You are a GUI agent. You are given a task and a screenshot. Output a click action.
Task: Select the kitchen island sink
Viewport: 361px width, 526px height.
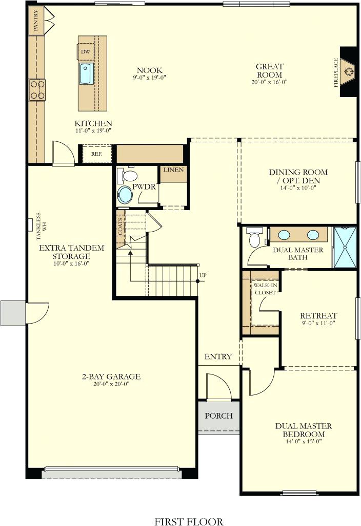click(x=86, y=73)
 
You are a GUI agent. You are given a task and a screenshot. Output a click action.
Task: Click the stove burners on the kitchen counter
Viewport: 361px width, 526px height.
click(x=37, y=89)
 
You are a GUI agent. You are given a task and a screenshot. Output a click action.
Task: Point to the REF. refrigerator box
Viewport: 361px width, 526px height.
click(x=96, y=154)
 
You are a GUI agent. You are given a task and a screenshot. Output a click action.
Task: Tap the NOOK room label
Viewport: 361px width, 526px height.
click(x=150, y=70)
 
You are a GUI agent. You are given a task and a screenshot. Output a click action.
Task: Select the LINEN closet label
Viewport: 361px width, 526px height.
click(x=173, y=170)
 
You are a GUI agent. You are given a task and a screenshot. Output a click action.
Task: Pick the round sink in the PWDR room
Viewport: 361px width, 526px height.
click(x=125, y=195)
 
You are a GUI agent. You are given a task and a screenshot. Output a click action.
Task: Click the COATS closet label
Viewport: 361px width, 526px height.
click(x=121, y=224)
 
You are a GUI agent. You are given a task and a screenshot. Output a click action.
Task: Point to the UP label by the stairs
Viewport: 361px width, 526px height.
click(x=203, y=276)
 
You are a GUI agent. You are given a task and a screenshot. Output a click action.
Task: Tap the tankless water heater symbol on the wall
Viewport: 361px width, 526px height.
click(x=30, y=224)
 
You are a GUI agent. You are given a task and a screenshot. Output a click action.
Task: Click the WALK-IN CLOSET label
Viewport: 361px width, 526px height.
click(x=264, y=289)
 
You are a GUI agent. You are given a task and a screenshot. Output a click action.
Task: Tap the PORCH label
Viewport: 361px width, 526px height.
click(x=218, y=416)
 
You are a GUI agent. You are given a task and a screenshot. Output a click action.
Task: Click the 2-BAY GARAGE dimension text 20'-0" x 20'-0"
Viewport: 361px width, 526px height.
click(x=111, y=384)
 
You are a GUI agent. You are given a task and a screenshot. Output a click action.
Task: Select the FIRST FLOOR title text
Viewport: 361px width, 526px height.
click(x=189, y=521)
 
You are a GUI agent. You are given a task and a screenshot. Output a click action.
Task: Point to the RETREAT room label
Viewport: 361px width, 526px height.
click(x=318, y=315)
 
